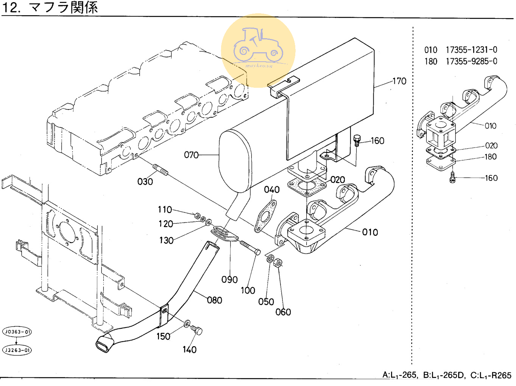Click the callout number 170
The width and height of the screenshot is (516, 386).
coord(399,81)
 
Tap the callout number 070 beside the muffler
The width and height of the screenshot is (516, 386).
coord(191,155)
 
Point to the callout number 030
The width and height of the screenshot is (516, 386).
coord(145,182)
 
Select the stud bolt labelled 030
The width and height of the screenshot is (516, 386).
coord(160,170)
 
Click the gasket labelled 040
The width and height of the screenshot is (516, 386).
coord(265,216)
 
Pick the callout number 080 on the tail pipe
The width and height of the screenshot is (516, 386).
coord(214,300)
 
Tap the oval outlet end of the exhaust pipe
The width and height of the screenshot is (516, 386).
coord(104,344)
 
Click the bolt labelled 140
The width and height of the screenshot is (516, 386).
coord(196,330)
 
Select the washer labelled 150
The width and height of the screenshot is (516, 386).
coord(187,324)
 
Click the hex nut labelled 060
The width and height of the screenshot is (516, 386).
coord(278,263)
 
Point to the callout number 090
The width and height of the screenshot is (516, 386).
coord(229,280)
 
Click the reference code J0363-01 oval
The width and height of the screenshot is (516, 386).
coord(17,332)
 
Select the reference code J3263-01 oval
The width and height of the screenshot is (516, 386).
coord(17,350)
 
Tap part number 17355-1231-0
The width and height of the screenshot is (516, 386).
coord(472,50)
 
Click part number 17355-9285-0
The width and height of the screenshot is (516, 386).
coord(472,61)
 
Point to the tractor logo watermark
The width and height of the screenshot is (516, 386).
coord(258,50)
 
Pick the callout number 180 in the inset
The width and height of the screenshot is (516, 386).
coord(491,157)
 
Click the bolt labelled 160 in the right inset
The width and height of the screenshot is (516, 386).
coord(452,177)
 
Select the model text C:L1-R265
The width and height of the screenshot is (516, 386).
coord(491,375)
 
